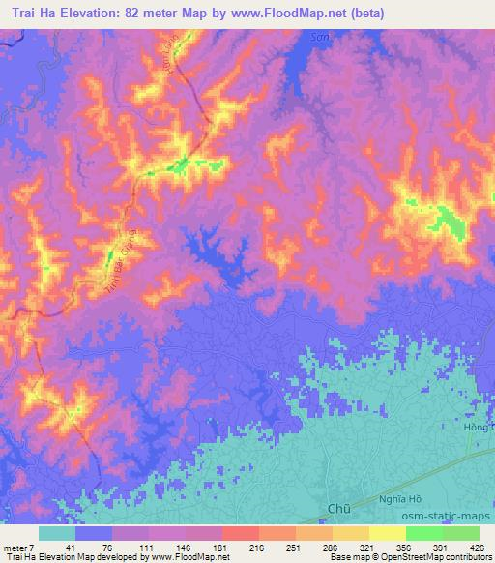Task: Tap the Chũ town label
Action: [x=338, y=505]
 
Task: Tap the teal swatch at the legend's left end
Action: [x=56, y=533]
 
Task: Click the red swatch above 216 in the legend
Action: [x=240, y=533]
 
